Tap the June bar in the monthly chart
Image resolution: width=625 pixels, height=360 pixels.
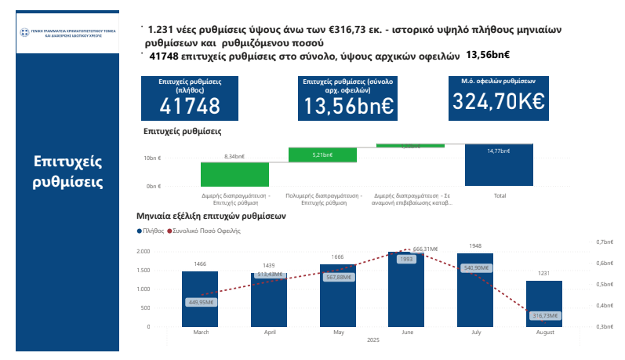tap(406, 290)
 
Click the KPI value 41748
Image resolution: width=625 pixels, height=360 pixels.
tap(190, 106)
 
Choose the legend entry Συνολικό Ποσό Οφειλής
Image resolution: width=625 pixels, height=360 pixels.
tap(207, 231)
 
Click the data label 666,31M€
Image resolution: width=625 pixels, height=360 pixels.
tap(424, 249)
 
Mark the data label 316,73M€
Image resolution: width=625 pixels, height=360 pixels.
tap(544, 315)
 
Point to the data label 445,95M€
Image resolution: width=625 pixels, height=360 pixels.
tap(201, 302)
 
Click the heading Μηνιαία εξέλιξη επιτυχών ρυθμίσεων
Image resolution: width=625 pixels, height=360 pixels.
tap(211, 215)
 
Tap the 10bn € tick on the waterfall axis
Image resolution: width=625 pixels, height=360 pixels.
tap(152, 158)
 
